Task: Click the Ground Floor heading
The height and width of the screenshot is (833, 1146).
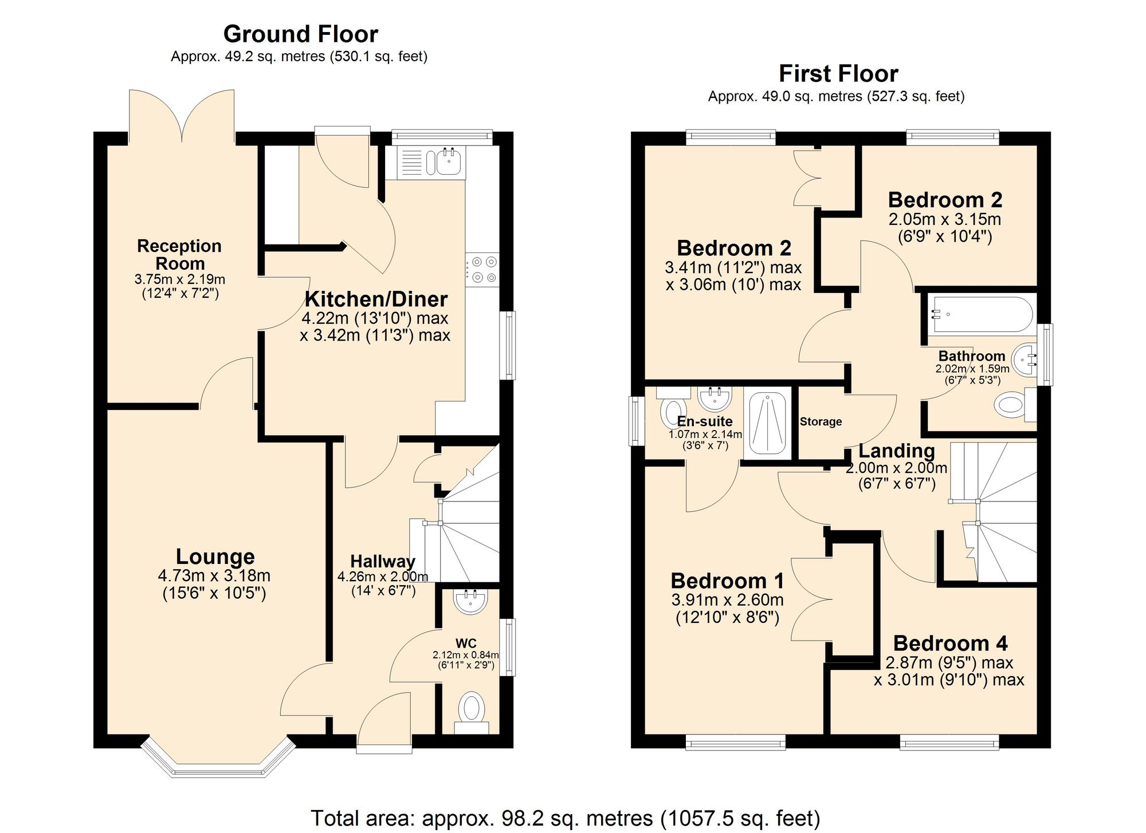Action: tap(300, 34)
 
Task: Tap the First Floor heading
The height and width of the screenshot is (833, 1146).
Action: tap(838, 74)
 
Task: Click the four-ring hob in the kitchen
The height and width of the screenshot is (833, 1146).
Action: tap(482, 270)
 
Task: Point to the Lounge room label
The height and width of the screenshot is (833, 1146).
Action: tap(215, 556)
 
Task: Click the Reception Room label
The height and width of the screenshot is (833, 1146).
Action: tap(179, 255)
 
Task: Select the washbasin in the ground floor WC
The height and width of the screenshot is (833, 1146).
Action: tap(470, 601)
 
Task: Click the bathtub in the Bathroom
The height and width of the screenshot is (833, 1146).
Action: tap(982, 314)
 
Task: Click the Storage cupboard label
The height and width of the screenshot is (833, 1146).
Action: tap(821, 422)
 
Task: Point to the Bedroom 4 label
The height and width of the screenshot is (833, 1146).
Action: tap(950, 643)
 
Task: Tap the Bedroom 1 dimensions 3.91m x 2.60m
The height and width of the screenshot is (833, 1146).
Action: tap(727, 600)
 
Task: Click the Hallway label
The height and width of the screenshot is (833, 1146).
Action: tap(382, 561)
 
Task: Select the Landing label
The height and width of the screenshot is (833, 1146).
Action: tap(896, 451)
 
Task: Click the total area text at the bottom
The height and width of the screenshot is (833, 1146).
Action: tap(565, 818)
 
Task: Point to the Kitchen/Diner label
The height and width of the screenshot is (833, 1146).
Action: tap(376, 299)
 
